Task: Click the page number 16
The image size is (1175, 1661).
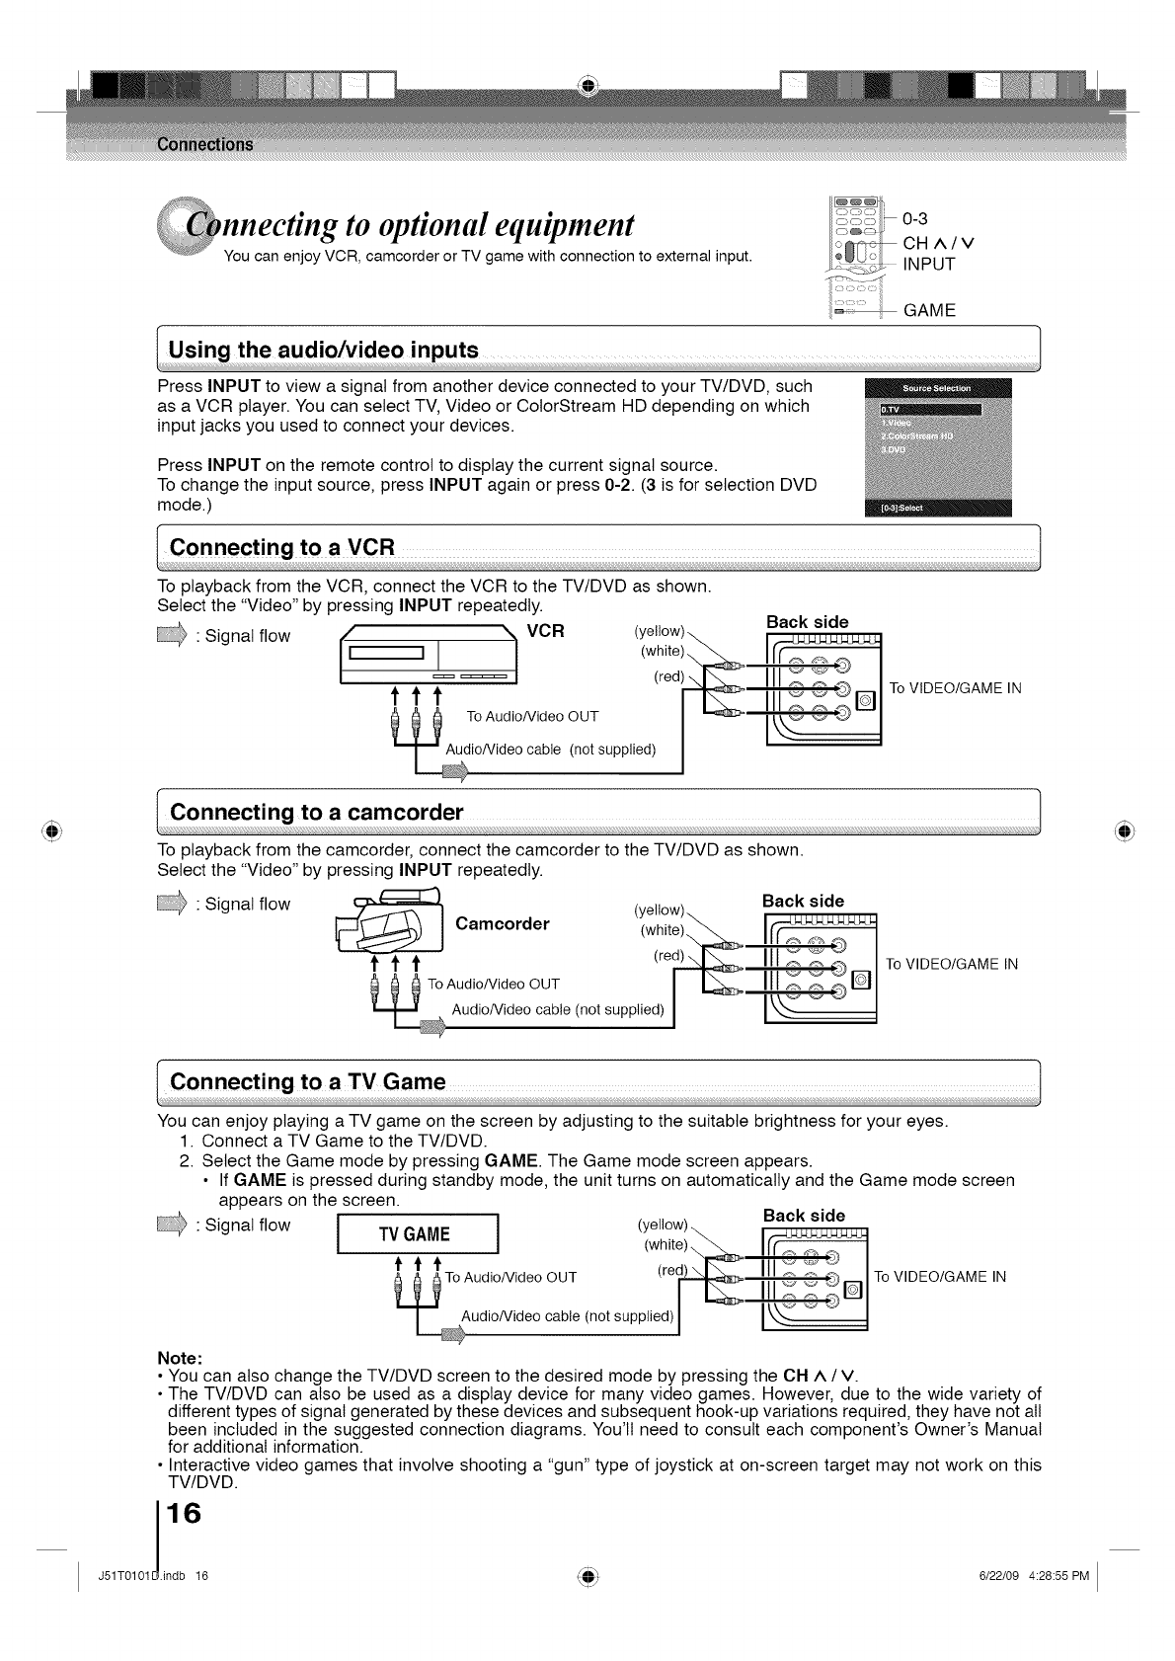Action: coord(185,1512)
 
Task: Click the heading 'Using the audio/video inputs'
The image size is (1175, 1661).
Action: coord(324,350)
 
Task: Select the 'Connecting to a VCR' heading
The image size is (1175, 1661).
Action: coord(282,547)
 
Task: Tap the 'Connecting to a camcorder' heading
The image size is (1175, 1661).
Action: coord(316,813)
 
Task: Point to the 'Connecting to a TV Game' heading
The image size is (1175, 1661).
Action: coord(308,1081)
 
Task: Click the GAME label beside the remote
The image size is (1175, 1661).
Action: coord(929,311)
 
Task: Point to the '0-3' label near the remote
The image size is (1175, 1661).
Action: coord(916,218)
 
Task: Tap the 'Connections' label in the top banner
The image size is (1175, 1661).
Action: coord(205,144)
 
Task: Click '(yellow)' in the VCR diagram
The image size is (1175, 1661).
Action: coord(658,630)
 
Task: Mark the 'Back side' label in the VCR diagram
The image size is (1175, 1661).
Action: coord(807,621)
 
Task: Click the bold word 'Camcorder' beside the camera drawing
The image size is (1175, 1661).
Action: coord(503,924)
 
